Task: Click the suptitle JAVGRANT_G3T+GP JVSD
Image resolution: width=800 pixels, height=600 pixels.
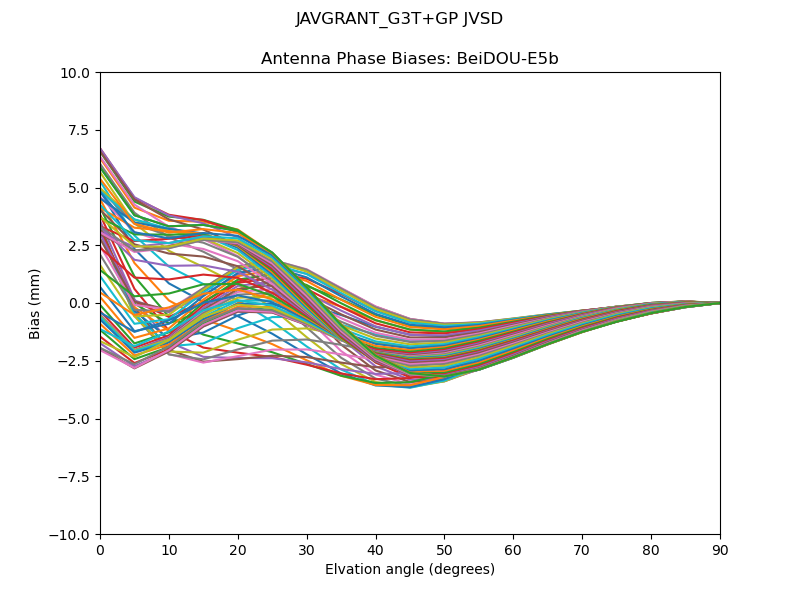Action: click(399, 19)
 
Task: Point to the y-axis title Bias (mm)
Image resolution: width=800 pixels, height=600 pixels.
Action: click(35, 303)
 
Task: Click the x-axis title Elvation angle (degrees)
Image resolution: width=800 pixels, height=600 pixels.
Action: click(410, 569)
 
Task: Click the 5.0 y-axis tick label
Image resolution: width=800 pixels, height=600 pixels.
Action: click(79, 188)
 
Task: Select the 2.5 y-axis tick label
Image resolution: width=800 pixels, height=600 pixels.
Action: click(79, 246)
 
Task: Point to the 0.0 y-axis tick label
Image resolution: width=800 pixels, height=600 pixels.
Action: click(79, 303)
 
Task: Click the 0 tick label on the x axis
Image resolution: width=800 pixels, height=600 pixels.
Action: click(100, 549)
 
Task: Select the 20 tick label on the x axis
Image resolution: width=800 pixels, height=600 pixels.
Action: click(238, 549)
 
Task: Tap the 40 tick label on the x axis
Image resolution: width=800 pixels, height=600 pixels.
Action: click(376, 549)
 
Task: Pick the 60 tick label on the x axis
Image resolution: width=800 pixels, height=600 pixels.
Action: click(513, 549)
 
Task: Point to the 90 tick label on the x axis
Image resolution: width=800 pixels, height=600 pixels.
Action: click(720, 549)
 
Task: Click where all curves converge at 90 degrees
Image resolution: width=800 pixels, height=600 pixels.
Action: click(719, 303)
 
